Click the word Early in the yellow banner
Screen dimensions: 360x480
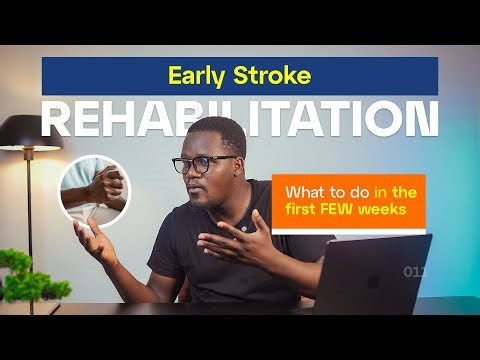195,76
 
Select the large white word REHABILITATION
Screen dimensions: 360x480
240,118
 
